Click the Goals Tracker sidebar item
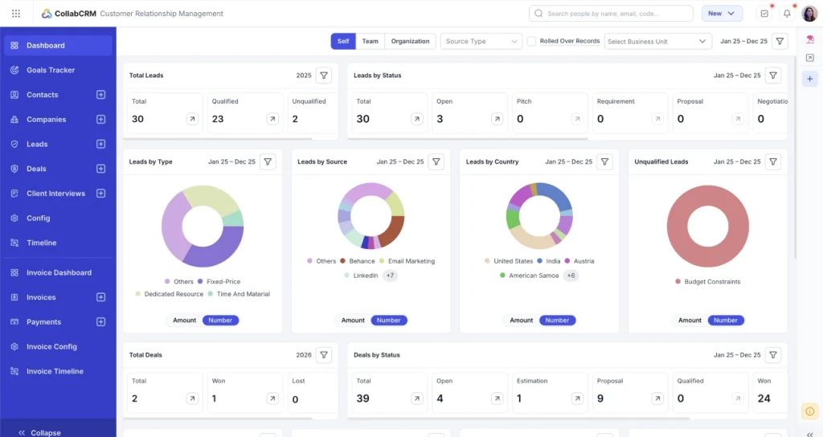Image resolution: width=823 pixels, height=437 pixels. click(50, 70)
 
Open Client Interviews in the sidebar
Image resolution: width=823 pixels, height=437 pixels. click(55, 194)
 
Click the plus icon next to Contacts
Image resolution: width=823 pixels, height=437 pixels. click(100, 95)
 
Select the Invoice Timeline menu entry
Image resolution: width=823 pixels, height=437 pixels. click(54, 371)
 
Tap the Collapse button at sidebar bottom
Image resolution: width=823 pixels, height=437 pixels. click(40, 432)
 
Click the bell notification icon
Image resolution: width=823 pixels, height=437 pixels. click(787, 14)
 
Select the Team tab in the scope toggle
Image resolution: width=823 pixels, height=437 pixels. click(370, 41)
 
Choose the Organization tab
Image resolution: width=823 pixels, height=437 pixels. click(410, 41)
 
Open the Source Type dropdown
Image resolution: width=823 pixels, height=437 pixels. click(481, 41)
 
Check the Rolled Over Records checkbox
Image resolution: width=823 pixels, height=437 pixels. click(531, 41)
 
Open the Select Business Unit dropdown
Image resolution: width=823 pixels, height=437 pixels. click(658, 41)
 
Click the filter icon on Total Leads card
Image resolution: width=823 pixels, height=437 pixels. click(323, 76)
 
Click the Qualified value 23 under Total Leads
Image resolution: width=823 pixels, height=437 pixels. click(218, 119)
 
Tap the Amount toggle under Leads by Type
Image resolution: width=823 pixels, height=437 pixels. click(184, 320)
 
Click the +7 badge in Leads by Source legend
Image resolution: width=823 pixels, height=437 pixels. click(390, 276)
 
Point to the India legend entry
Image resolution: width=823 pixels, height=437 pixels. click(552, 261)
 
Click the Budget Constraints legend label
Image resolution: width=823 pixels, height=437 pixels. click(712, 282)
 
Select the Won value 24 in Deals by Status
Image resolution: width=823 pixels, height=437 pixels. click(764, 398)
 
